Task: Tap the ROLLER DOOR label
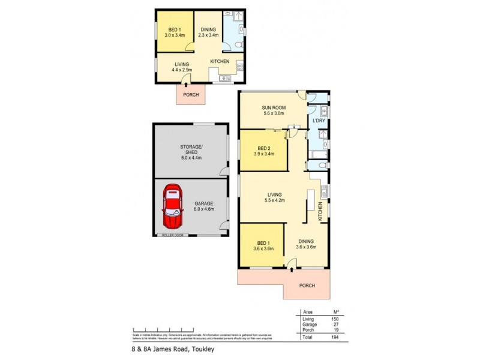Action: pyautogui.click(x=172, y=235)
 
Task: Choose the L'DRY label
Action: pyautogui.click(x=319, y=121)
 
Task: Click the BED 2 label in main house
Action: pyautogui.click(x=263, y=150)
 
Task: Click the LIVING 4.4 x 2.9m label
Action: pyautogui.click(x=182, y=67)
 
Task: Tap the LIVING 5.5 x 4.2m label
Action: pyautogui.click(x=276, y=197)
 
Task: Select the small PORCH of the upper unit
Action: pyautogui.click(x=190, y=94)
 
